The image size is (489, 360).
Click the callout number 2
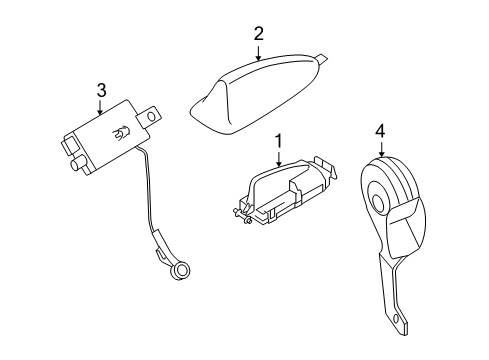tap(258, 34)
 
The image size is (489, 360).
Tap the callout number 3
tap(101, 91)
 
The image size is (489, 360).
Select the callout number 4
tap(380, 130)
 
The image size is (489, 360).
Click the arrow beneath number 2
tap(258, 52)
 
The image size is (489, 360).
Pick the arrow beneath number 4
tap(380, 148)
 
